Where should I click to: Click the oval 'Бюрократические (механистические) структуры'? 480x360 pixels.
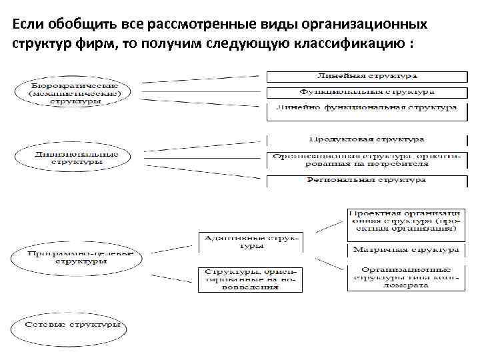(x=75, y=91)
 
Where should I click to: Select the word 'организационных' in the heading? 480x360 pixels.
(x=374, y=25)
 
